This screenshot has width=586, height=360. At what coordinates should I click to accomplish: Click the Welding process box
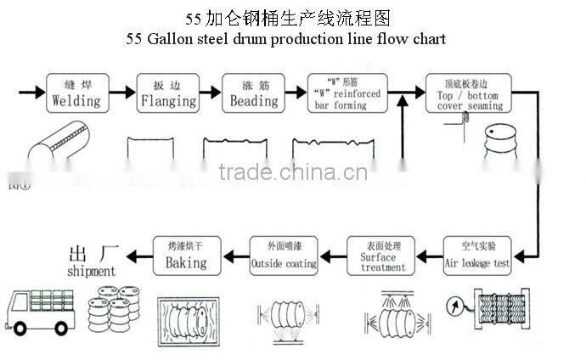(x=76, y=93)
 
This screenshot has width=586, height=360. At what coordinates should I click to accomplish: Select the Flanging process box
(x=168, y=93)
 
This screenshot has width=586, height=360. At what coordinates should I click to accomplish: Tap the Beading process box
(x=254, y=93)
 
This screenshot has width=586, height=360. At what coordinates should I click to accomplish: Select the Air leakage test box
(x=477, y=256)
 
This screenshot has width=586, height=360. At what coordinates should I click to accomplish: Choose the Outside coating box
(x=284, y=256)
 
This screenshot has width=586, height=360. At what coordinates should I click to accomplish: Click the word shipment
(x=90, y=272)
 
